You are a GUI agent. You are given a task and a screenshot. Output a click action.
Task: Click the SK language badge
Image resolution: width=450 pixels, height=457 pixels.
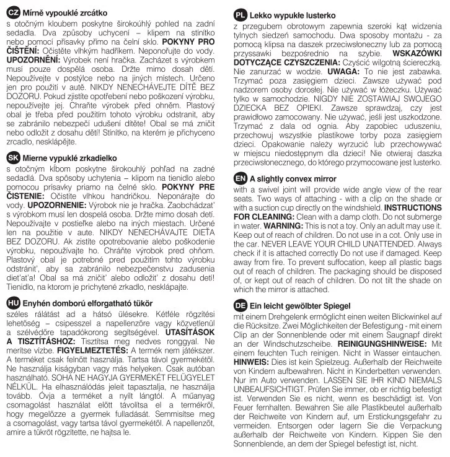12,159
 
